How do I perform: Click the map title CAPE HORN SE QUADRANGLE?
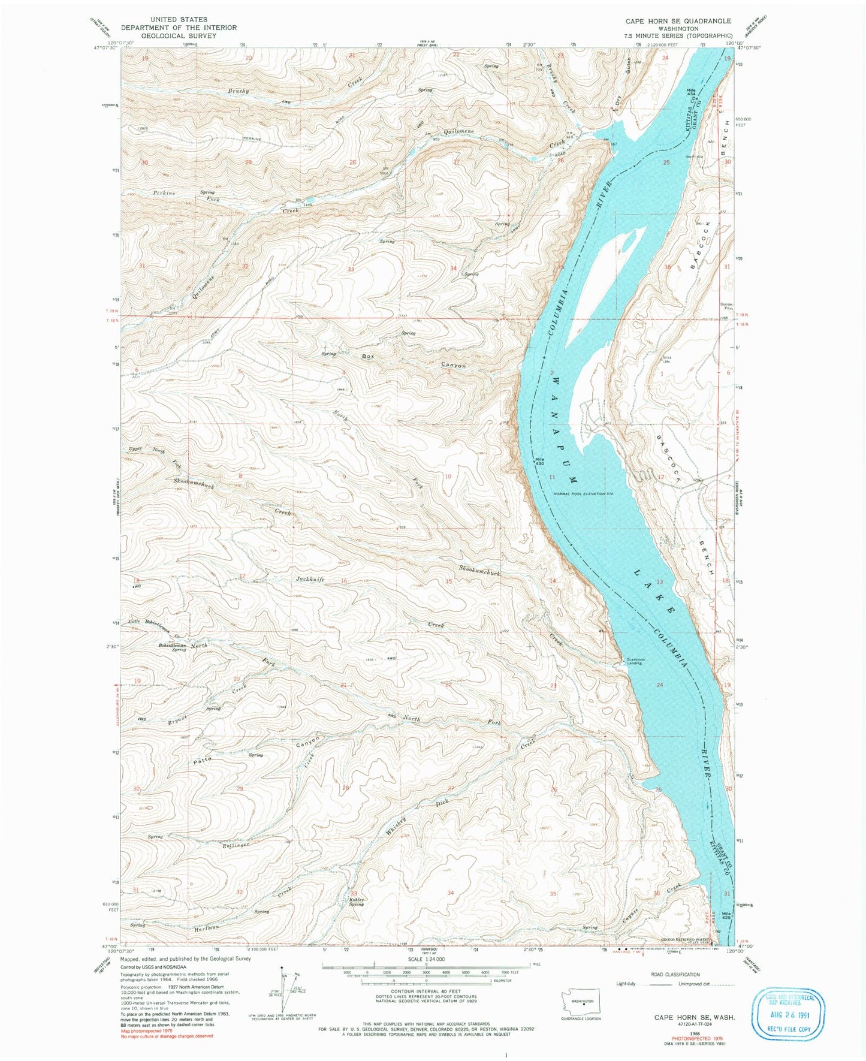point(678,20)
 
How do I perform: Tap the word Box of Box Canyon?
point(368,357)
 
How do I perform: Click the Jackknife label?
point(310,580)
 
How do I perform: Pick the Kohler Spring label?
point(356,902)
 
